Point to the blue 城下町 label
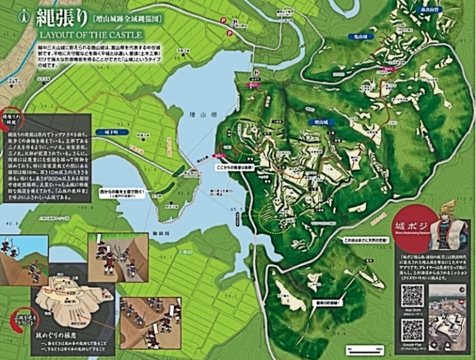click(111, 132)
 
